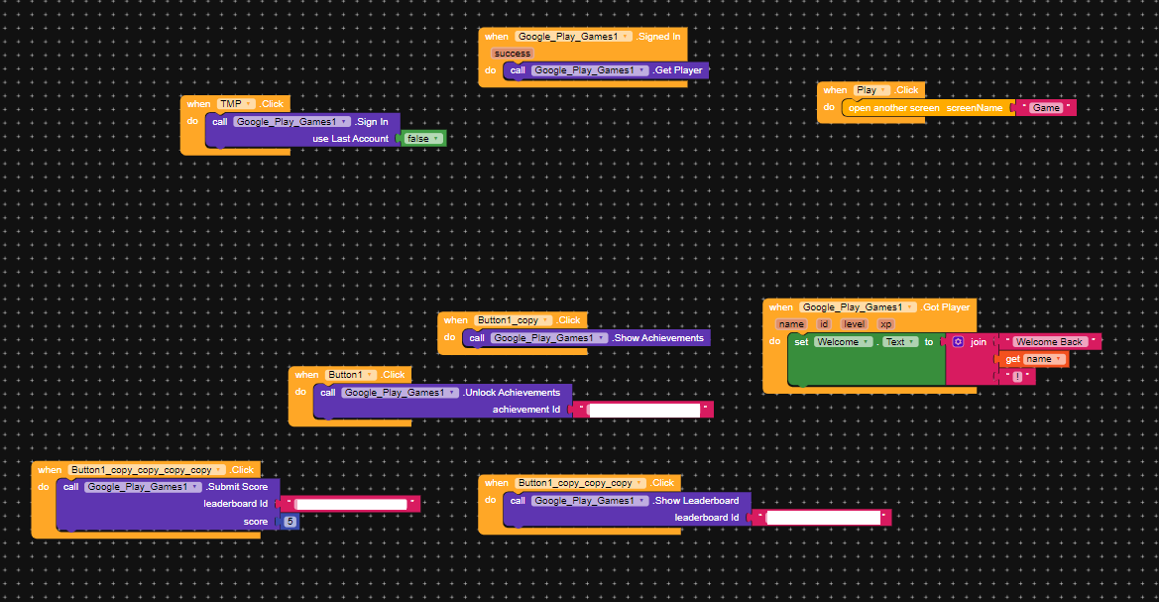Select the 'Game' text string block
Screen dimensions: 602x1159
1046,107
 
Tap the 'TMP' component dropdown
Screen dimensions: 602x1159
236,104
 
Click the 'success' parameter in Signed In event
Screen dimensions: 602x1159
513,54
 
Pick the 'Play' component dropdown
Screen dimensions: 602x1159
871,90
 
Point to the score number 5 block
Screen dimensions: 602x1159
290,522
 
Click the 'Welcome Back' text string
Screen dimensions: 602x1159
1050,342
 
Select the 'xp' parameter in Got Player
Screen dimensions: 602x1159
885,324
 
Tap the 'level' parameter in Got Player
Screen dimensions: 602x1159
854,324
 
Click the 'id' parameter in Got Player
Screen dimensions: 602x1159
824,324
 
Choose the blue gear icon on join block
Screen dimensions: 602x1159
958,342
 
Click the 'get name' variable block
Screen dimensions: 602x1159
1033,359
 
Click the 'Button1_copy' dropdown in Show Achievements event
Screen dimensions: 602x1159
514,320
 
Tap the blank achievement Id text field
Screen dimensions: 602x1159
643,410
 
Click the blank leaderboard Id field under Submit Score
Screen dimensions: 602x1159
351,505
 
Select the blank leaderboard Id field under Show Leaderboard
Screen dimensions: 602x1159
823,518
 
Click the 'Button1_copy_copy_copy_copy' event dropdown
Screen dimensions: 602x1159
146,470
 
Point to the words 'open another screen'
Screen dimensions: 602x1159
893,107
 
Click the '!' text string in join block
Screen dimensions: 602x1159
1016,377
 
